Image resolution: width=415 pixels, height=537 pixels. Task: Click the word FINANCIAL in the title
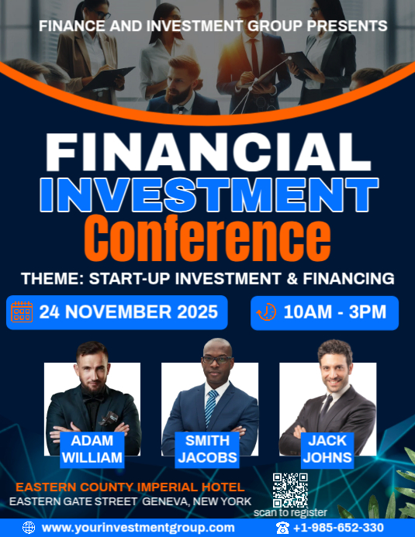pyautogui.click(x=207, y=152)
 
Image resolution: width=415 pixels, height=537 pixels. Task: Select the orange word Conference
pyautogui.click(x=207, y=238)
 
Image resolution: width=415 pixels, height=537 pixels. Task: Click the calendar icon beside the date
pyautogui.click(x=22, y=312)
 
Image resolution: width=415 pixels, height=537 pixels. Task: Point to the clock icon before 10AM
pyautogui.click(x=266, y=312)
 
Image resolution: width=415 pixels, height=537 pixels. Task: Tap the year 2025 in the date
pyautogui.click(x=195, y=312)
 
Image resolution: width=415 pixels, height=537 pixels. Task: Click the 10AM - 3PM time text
pyautogui.click(x=335, y=312)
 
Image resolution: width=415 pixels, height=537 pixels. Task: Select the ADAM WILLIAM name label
pyautogui.click(x=92, y=449)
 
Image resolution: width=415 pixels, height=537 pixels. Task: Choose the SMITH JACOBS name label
pyautogui.click(x=207, y=449)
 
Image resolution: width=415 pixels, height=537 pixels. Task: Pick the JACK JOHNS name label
pyautogui.click(x=327, y=449)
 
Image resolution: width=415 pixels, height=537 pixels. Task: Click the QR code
pyautogui.click(x=290, y=489)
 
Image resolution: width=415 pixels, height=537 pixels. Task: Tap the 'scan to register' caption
pyautogui.click(x=290, y=512)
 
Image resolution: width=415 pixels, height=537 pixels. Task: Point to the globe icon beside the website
pyautogui.click(x=29, y=528)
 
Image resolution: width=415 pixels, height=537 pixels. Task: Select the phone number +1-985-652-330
pyautogui.click(x=338, y=528)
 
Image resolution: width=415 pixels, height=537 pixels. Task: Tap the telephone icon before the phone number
pyautogui.click(x=282, y=528)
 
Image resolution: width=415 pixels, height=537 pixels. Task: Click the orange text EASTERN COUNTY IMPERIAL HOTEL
pyautogui.click(x=130, y=487)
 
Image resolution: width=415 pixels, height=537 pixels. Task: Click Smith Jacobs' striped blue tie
pyautogui.click(x=211, y=408)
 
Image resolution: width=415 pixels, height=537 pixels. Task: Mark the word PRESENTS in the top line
pyautogui.click(x=347, y=26)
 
